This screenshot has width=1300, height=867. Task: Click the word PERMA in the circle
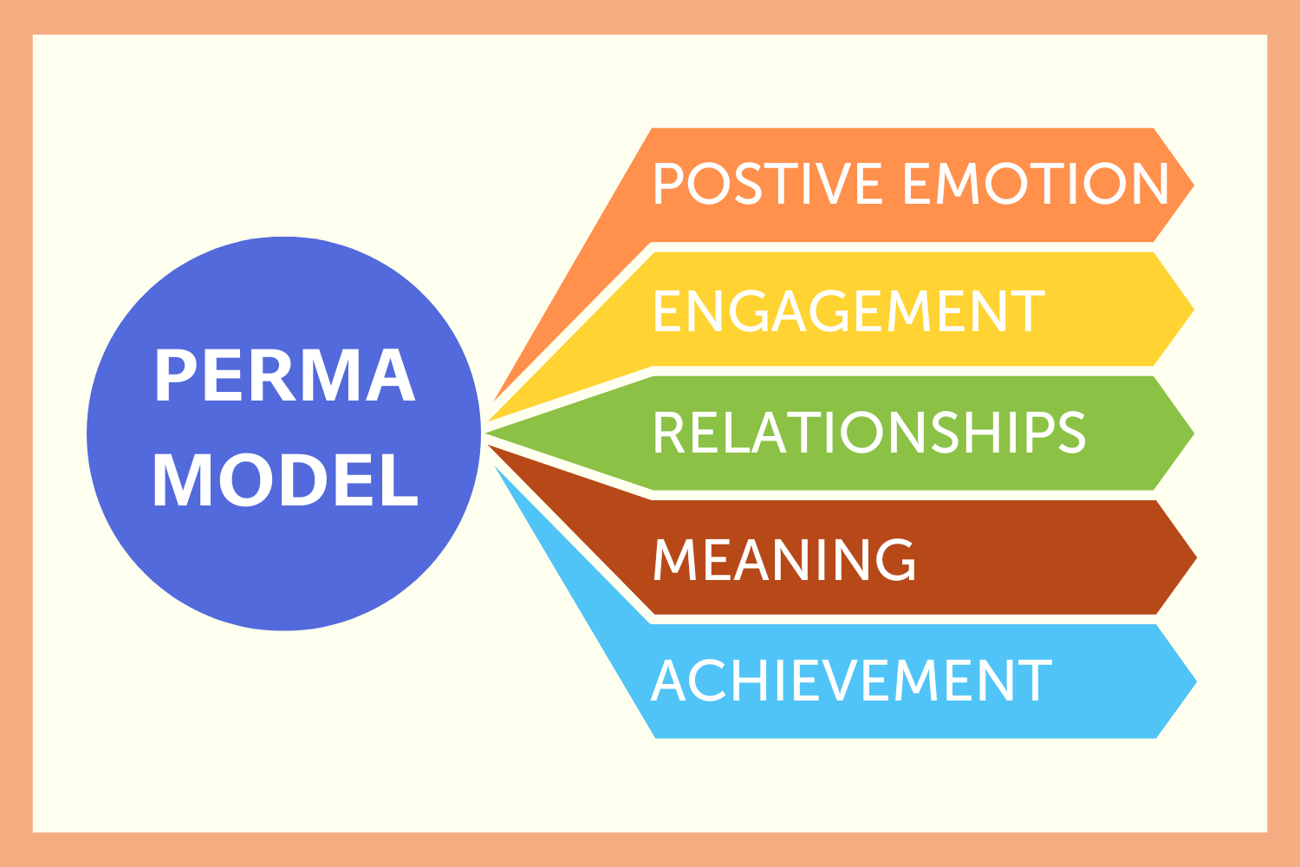coord(285,375)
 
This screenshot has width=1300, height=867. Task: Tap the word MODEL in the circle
coord(285,480)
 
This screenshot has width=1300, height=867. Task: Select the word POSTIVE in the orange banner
coord(768,184)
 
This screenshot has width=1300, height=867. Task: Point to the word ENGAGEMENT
coord(848,310)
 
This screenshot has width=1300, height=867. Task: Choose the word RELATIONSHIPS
coord(869,433)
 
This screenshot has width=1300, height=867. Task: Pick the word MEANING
coord(784,559)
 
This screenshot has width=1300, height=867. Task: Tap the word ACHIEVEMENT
coord(851,681)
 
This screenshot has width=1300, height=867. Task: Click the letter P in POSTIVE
coord(668,184)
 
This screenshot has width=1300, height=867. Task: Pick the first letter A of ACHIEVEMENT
coord(669,681)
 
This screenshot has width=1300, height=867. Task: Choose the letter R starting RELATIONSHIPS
coord(670,433)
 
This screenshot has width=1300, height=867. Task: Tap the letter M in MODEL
coord(179,480)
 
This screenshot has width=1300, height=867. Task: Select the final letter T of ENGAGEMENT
coord(1029,310)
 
